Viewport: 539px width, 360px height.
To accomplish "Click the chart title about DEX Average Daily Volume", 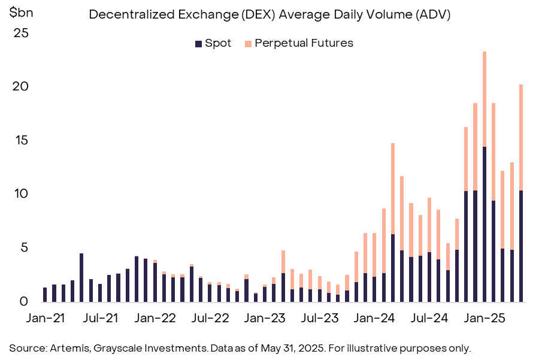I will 269,15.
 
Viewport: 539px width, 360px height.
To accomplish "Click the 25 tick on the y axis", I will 21,33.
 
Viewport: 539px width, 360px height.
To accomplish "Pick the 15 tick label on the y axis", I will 21,140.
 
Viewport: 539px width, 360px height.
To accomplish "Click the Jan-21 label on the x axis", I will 45,317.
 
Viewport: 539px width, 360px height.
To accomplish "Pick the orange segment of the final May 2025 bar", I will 521,137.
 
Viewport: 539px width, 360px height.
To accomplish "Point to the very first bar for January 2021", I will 45,294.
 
